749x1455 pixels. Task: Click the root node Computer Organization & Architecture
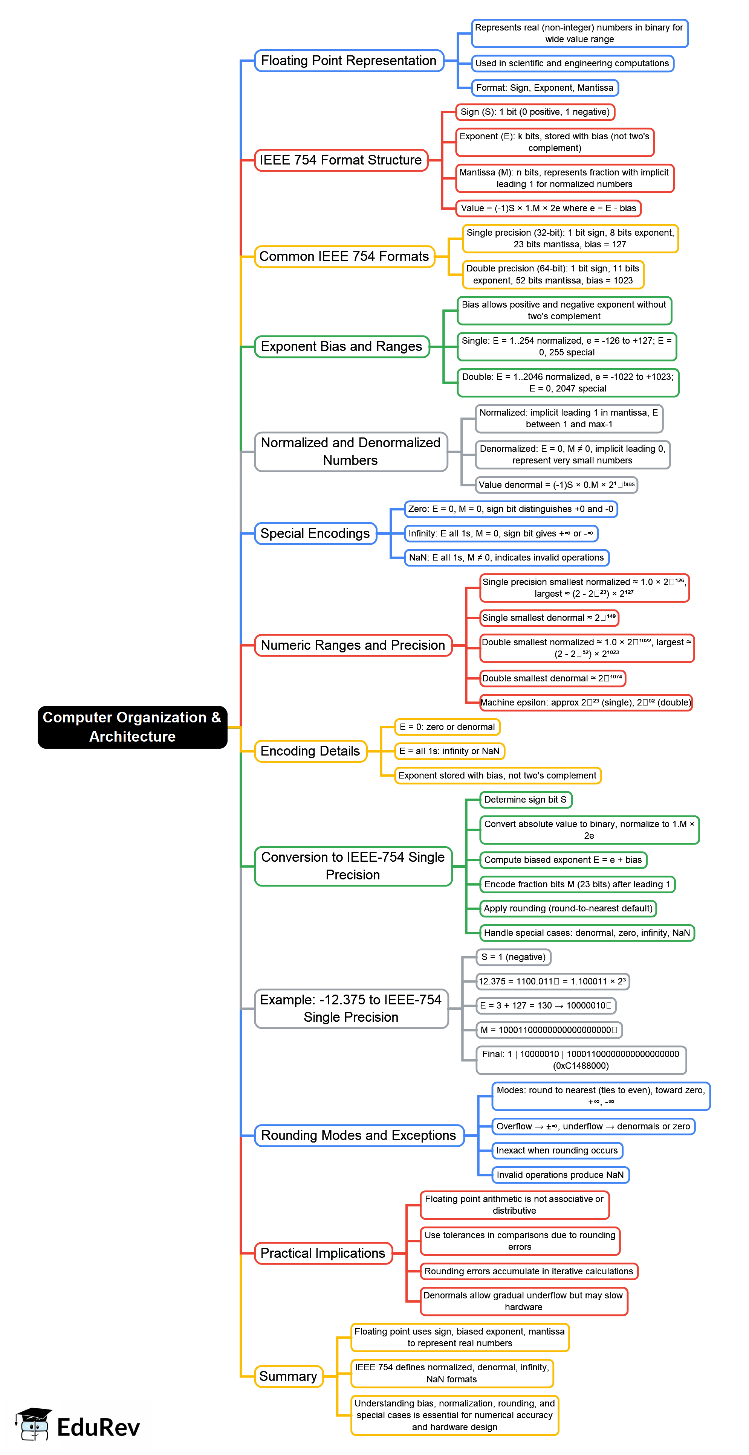(x=132, y=727)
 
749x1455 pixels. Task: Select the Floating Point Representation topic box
(x=349, y=61)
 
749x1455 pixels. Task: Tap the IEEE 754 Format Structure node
(x=341, y=160)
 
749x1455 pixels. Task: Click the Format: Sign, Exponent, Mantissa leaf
(x=544, y=88)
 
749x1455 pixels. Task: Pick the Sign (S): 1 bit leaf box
(x=535, y=112)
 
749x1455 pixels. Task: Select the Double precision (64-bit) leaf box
(x=552, y=274)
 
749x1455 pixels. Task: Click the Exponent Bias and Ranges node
(x=341, y=346)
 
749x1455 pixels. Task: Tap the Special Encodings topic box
(x=315, y=533)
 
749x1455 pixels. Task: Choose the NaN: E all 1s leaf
(x=506, y=558)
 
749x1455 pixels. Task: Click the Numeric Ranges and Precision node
(x=353, y=645)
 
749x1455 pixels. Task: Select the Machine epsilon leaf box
(x=585, y=702)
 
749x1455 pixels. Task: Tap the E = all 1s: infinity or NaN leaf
(x=449, y=751)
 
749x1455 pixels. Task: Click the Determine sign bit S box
(x=525, y=800)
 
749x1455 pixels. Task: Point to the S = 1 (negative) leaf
(x=513, y=957)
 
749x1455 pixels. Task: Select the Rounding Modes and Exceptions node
(x=358, y=1135)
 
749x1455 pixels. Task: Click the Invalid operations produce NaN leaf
(x=559, y=1175)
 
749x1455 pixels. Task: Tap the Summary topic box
(x=288, y=1376)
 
